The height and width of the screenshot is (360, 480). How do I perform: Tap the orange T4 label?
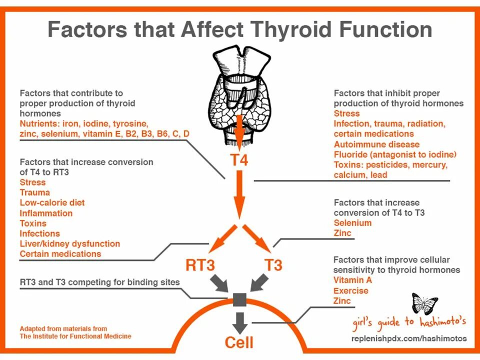click(x=239, y=160)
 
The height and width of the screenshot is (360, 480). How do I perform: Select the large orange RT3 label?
click(x=200, y=264)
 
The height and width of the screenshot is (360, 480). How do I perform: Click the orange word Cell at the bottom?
click(x=239, y=342)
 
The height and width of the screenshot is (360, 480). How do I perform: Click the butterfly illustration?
click(x=424, y=303)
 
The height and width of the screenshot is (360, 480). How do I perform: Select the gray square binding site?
click(x=240, y=299)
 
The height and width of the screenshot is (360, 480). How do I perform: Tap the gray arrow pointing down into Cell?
click(x=240, y=322)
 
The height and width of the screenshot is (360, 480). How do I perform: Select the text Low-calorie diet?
click(x=52, y=202)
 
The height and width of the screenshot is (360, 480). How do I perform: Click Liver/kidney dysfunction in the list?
click(x=70, y=243)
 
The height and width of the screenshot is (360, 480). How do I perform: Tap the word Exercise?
click(x=350, y=290)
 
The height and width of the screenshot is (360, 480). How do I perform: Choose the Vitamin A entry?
click(x=352, y=280)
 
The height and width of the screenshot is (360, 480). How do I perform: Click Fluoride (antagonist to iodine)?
click(x=395, y=154)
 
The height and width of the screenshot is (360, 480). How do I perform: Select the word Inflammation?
click(x=46, y=213)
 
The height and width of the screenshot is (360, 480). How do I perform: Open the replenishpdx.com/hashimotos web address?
click(x=409, y=338)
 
